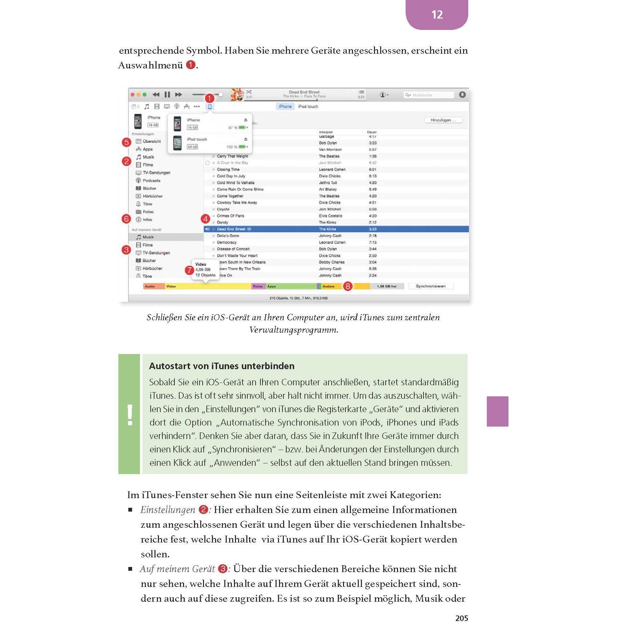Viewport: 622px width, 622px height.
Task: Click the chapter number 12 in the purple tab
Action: [x=437, y=14]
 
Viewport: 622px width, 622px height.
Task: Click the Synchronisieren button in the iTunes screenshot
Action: [x=430, y=286]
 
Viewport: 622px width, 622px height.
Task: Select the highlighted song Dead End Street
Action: [x=231, y=229]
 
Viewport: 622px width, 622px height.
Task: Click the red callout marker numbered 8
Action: [x=348, y=286]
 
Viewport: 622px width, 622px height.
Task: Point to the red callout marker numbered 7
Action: [x=189, y=270]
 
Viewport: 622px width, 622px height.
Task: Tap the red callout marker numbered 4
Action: [x=205, y=219]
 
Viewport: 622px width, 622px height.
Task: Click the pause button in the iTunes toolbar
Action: [x=167, y=95]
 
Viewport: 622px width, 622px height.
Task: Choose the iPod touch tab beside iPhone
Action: [x=308, y=107]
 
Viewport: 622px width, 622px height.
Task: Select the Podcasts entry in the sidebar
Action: [x=151, y=181]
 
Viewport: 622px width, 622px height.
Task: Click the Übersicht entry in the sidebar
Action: [x=152, y=141]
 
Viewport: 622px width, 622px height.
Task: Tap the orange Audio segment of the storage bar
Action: [x=153, y=286]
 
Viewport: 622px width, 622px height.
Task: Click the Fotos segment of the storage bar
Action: [x=258, y=286]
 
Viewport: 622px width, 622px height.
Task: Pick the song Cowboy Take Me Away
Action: [x=237, y=203]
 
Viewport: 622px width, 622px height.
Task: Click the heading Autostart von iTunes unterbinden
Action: [x=222, y=366]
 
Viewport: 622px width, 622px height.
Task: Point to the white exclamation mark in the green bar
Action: [x=130, y=415]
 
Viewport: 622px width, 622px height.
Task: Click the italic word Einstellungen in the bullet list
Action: [x=168, y=510]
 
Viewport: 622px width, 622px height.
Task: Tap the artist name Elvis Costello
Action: [x=330, y=216]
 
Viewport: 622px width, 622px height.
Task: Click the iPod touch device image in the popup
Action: [x=177, y=143]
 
